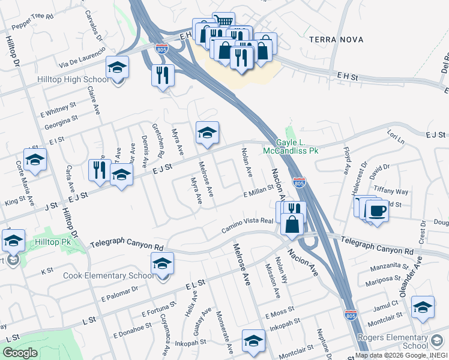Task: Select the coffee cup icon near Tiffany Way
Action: coord(376,211)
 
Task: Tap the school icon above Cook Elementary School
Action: coord(161,263)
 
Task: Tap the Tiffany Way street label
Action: coord(391,191)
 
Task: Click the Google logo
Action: coord(20,352)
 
